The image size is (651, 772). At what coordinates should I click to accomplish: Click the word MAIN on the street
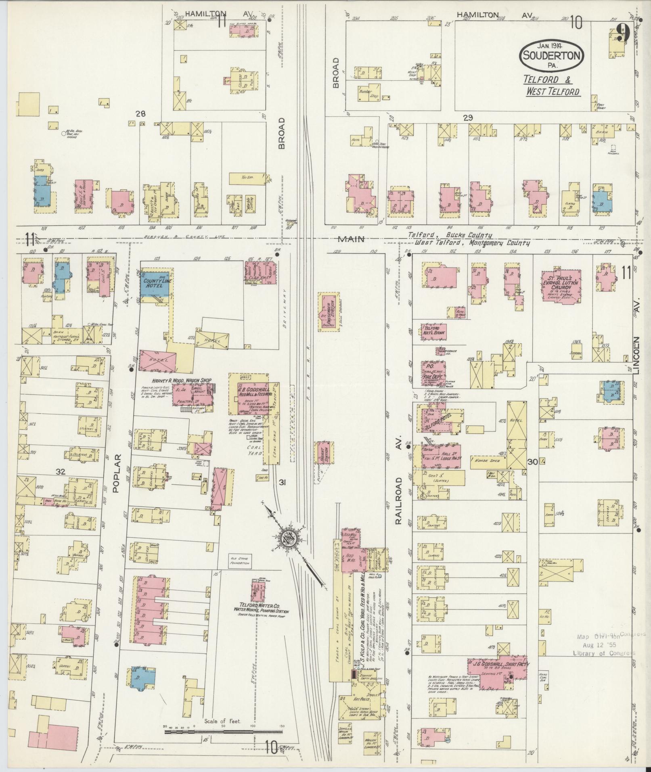[x=352, y=239]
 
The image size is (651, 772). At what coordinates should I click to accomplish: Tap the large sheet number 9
[x=624, y=33]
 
